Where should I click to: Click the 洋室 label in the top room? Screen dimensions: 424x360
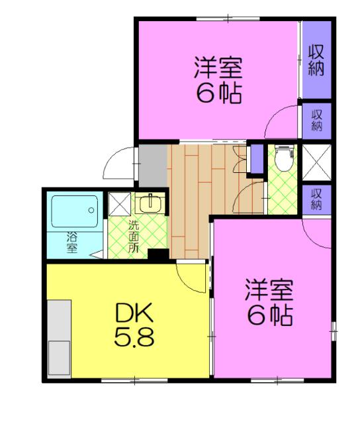218,68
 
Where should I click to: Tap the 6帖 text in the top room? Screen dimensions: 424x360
218,93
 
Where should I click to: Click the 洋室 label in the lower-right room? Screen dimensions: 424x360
269,290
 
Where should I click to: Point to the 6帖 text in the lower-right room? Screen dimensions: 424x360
269,316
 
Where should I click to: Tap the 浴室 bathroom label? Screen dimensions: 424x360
71,242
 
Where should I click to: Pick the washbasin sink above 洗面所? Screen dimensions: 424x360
150,201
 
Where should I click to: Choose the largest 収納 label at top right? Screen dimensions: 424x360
316,60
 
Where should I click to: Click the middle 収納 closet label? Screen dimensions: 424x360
317,120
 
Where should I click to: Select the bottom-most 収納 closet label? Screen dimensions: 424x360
316,199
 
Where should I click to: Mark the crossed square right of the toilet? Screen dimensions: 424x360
316,162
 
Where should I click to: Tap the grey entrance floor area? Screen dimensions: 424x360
152,165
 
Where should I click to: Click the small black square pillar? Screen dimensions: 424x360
157,253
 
